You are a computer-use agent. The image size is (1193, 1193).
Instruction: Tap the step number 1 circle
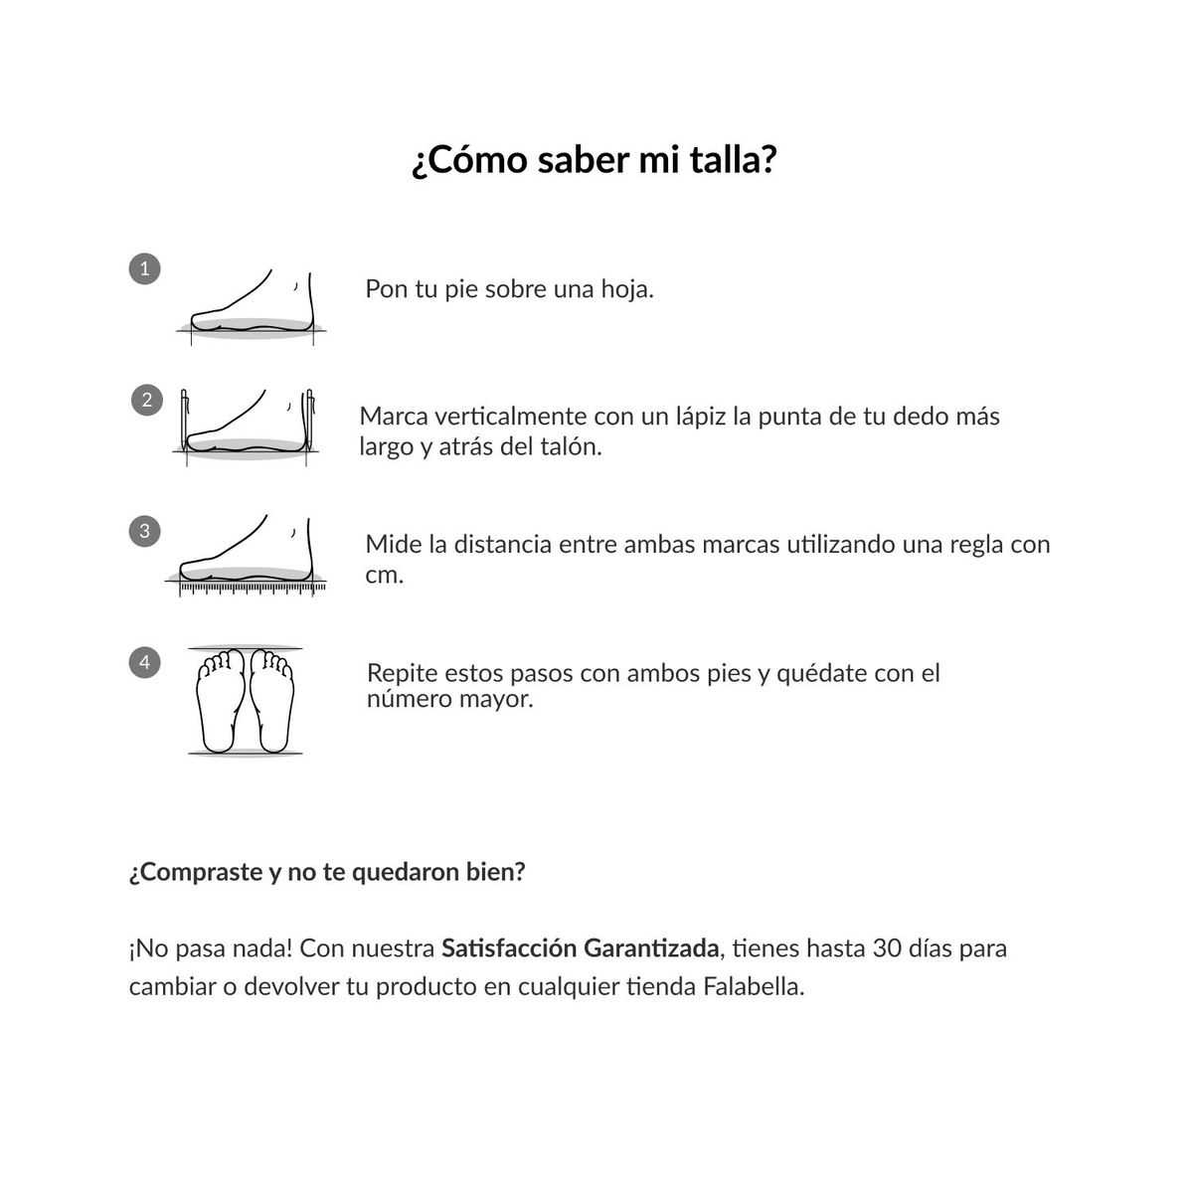click(145, 268)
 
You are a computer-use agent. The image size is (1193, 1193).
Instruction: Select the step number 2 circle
click(147, 400)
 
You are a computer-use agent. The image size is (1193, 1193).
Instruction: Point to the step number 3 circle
click(145, 531)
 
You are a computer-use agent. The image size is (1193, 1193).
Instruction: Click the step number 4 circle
click(145, 662)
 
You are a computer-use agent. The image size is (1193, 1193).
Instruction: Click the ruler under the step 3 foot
click(252, 590)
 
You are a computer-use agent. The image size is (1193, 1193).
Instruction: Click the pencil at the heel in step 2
click(310, 418)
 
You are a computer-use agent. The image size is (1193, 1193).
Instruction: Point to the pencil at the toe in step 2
click(185, 418)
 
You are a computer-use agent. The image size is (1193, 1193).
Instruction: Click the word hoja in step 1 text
click(626, 289)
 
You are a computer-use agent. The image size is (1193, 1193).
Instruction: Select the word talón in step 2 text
click(570, 446)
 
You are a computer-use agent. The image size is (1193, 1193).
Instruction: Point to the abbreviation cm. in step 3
click(384, 575)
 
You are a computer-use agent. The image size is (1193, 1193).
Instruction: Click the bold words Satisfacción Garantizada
click(580, 948)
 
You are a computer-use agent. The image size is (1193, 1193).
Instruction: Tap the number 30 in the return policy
click(887, 947)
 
